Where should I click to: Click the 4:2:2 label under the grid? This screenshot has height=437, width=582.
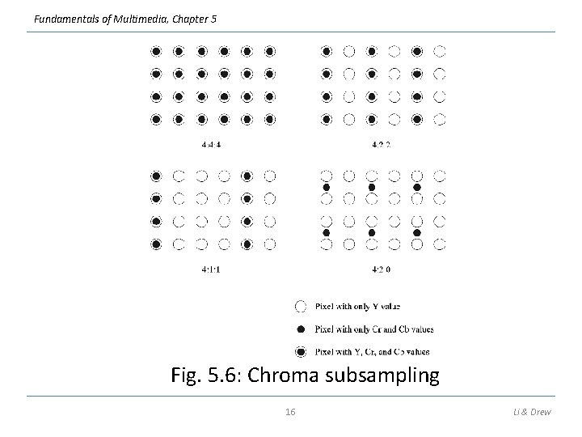(382, 146)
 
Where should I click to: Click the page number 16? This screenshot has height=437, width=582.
(291, 412)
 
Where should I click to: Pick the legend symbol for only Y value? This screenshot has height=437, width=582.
(301, 306)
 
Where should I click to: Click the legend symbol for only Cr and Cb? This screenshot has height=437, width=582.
(301, 329)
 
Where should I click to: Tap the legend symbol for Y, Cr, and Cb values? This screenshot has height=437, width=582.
(301, 351)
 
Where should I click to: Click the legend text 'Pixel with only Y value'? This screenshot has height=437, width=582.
(357, 307)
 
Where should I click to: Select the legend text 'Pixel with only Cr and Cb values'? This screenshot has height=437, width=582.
(373, 329)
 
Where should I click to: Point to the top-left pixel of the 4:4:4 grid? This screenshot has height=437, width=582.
(156, 51)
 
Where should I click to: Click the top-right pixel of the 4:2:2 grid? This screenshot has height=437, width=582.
(440, 51)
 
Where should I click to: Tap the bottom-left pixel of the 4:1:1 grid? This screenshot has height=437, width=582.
(156, 244)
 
